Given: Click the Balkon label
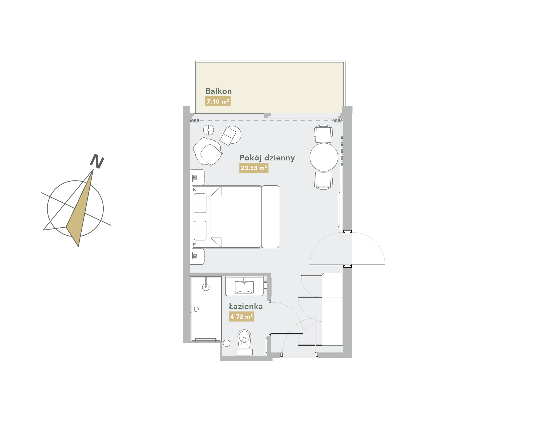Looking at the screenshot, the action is click(x=218, y=91).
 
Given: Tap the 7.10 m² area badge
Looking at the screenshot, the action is click(x=218, y=101).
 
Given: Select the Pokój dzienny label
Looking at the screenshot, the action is click(x=267, y=158).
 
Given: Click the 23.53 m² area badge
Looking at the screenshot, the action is click(x=254, y=168).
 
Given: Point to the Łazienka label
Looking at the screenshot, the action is click(x=246, y=307).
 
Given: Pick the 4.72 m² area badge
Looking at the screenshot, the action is click(x=241, y=316).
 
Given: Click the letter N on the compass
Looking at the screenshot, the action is click(x=97, y=161).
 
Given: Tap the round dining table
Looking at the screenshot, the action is click(x=324, y=157).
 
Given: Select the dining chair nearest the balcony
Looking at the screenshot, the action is click(x=323, y=134).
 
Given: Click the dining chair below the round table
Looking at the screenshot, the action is click(x=323, y=181).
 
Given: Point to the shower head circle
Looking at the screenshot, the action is click(x=206, y=287).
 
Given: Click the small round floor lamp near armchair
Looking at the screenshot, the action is click(x=209, y=130).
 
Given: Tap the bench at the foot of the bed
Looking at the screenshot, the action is click(x=270, y=217).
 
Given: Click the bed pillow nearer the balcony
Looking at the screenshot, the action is click(x=200, y=203).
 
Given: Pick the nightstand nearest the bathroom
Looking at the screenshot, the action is click(x=197, y=257).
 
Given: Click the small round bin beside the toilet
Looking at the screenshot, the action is click(x=227, y=343).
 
